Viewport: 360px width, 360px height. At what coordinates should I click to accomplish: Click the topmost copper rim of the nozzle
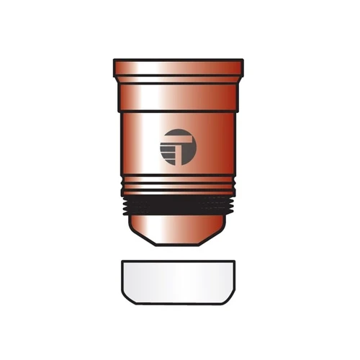pos(179,66)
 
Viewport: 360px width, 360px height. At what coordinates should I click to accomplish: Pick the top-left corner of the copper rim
pos(115,61)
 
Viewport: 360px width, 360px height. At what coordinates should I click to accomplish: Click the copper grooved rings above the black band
pos(179,186)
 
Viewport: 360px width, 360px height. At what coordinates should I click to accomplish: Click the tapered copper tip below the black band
pos(179,229)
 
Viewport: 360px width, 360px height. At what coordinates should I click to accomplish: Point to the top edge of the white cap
pos(179,261)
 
